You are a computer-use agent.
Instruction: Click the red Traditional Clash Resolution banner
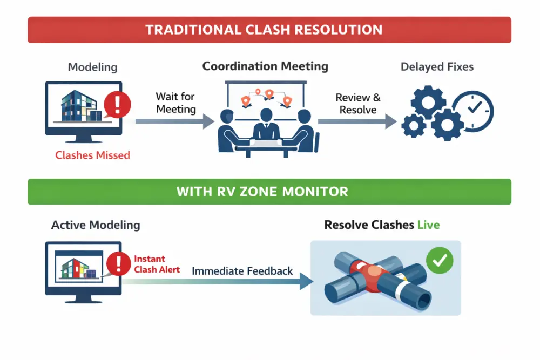[x=269, y=30]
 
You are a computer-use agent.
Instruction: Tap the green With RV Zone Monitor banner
[x=269, y=191]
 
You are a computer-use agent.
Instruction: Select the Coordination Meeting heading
[x=265, y=66]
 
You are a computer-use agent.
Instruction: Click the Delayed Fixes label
[x=437, y=67]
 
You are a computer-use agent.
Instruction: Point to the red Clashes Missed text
[x=92, y=155]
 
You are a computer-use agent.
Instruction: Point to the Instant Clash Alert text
[x=157, y=264]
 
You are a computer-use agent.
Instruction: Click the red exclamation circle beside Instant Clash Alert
[x=118, y=264]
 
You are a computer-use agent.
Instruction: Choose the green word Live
[x=428, y=225]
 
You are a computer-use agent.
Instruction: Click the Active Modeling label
[x=96, y=225]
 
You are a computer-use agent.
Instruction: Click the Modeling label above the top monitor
[x=92, y=67]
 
